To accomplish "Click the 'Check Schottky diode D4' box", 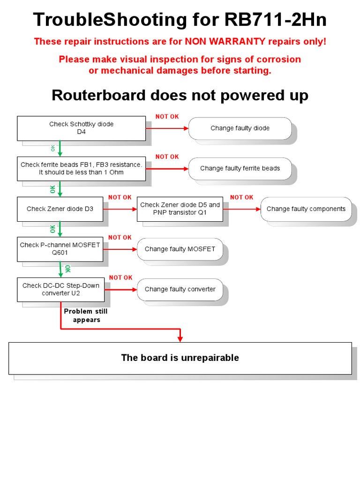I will point(81,128).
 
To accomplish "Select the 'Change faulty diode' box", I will point(240,128).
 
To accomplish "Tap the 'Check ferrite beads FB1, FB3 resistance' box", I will point(81,168).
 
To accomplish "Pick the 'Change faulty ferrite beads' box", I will point(240,168).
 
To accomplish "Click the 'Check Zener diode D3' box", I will point(60,209).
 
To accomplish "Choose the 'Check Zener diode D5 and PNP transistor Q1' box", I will point(180,209).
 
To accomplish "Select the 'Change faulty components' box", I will point(306,209).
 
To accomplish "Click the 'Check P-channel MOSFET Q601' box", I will point(60,249).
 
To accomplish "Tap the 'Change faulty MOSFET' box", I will point(180,249).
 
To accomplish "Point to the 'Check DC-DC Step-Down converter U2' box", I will point(60,289).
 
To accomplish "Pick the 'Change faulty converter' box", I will point(180,289).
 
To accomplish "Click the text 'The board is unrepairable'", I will point(180,358).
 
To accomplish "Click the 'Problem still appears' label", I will point(86,315).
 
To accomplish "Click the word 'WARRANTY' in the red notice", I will point(240,41).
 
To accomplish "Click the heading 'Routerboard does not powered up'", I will point(180,96).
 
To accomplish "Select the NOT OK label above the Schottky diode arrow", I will point(167,116).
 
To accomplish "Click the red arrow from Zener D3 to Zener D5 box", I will point(120,209).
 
